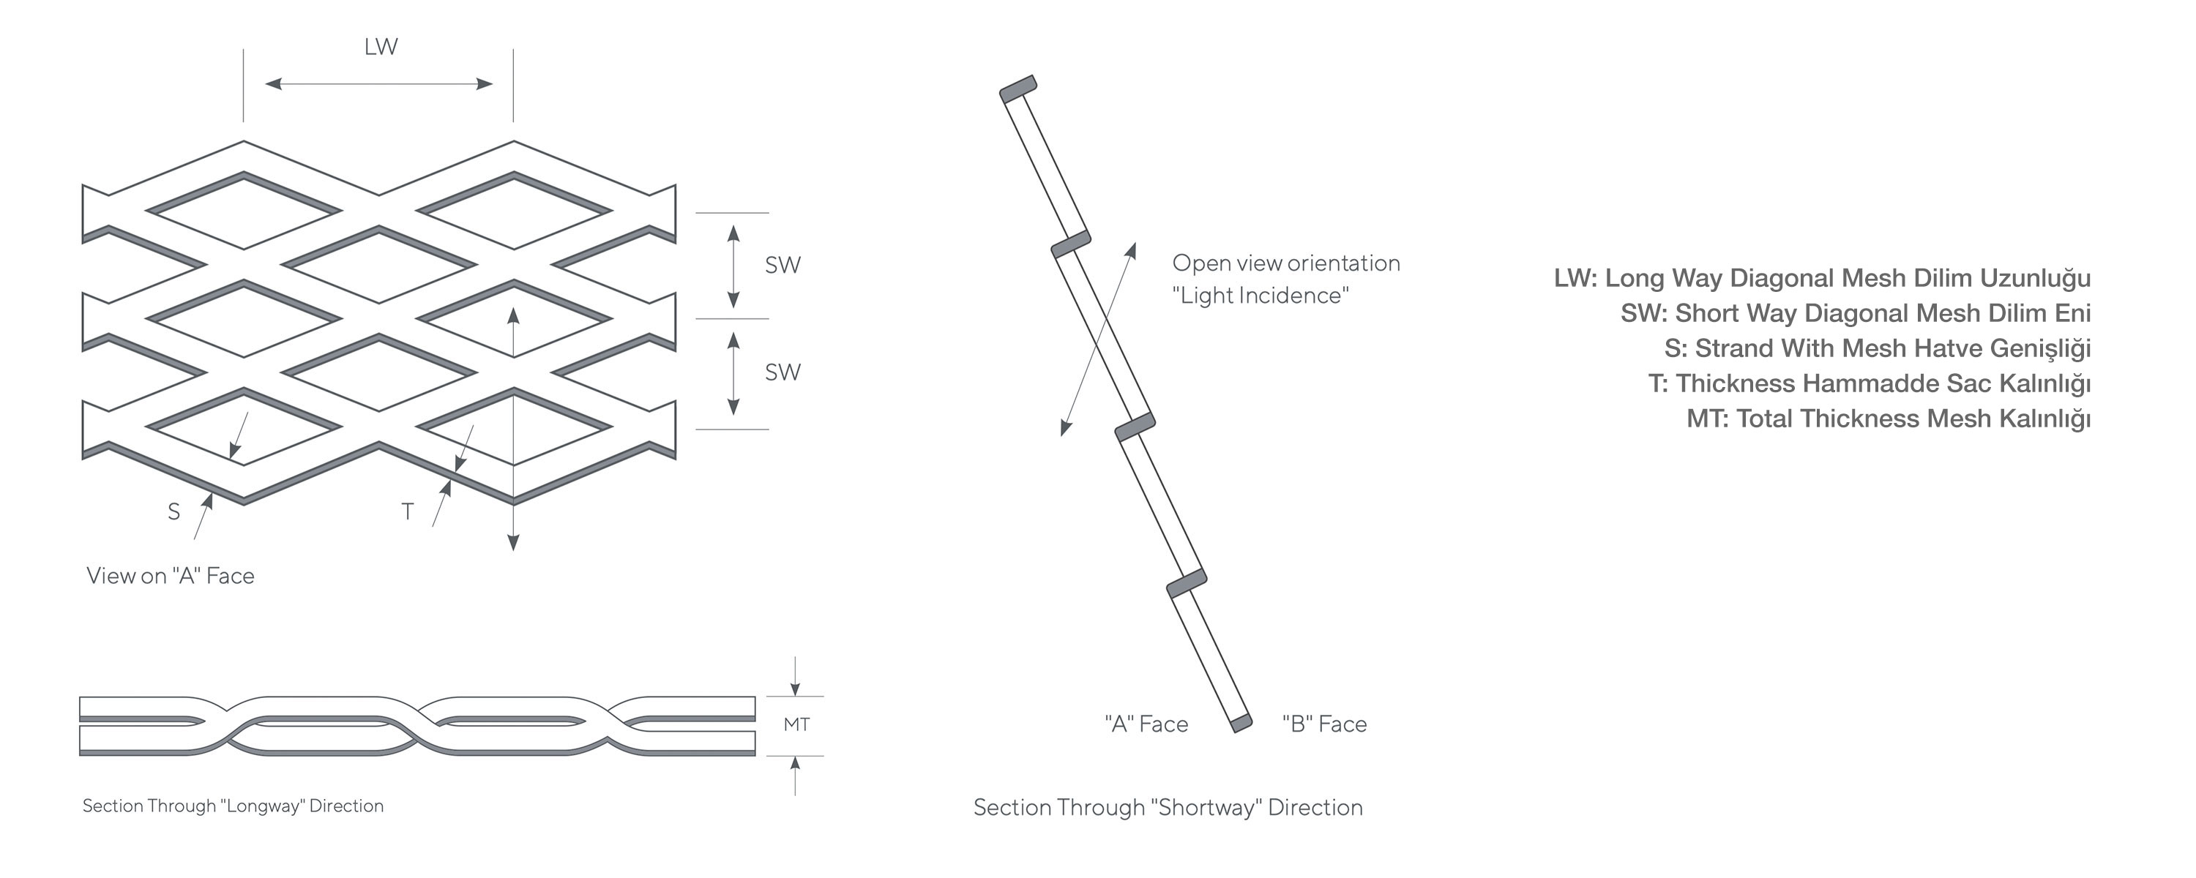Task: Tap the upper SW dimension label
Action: [x=783, y=265]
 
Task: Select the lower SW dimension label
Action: [x=783, y=372]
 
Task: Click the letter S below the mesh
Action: [x=174, y=511]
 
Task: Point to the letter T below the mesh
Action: [x=408, y=511]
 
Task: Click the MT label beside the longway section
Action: [x=796, y=724]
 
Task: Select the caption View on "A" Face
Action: [x=171, y=577]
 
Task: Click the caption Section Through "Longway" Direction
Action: [x=233, y=806]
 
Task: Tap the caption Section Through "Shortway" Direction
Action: [x=1168, y=807]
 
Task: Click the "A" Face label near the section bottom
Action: [x=1146, y=724]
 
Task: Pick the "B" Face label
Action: [x=1324, y=724]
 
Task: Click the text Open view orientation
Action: [x=1285, y=263]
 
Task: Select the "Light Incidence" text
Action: [x=1260, y=296]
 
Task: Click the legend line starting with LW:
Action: [x=1822, y=279]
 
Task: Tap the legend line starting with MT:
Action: [x=1889, y=419]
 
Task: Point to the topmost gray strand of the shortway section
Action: [x=1018, y=89]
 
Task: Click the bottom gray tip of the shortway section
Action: [x=1241, y=724]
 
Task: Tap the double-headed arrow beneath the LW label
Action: [x=378, y=83]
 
